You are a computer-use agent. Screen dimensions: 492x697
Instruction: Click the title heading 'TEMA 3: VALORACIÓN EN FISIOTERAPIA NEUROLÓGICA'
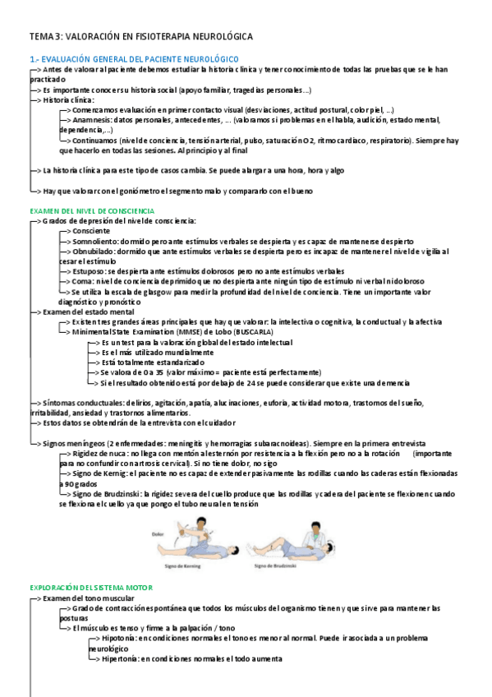(140, 38)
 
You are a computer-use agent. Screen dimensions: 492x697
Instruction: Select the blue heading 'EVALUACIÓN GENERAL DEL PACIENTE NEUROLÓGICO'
(140, 59)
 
